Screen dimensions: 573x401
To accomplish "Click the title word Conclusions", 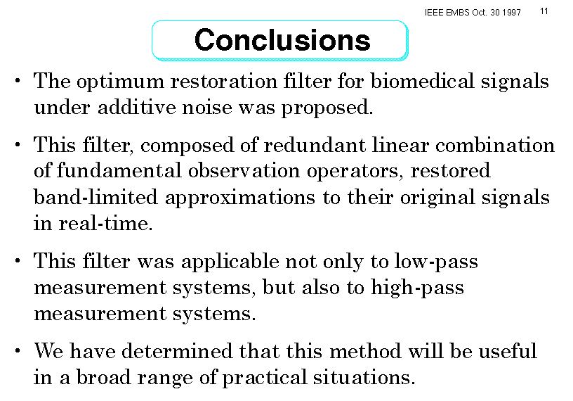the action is [x=282, y=40].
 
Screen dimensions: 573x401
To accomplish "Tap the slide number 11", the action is [x=544, y=11].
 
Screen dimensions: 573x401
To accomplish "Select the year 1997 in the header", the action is [x=511, y=13].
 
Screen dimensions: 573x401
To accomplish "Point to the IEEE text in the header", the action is [x=434, y=13].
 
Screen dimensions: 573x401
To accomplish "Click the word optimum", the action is [x=120, y=82].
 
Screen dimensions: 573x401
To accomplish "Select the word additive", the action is [x=137, y=108].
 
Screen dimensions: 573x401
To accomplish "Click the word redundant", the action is [x=315, y=145].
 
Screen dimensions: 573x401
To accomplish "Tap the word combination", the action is [x=495, y=145].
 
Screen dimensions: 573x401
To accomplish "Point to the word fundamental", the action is [x=119, y=170].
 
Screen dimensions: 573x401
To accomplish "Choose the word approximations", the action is [x=240, y=198].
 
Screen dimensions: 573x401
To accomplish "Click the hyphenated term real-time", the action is [x=105, y=223].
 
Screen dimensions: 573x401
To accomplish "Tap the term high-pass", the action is [x=417, y=288].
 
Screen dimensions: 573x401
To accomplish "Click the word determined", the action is [x=177, y=351].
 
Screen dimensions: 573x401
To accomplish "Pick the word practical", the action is [x=265, y=378].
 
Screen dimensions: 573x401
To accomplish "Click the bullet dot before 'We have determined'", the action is [x=18, y=350].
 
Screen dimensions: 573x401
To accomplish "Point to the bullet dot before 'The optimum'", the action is [x=18, y=81].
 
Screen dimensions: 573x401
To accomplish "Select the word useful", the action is [x=508, y=351].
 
